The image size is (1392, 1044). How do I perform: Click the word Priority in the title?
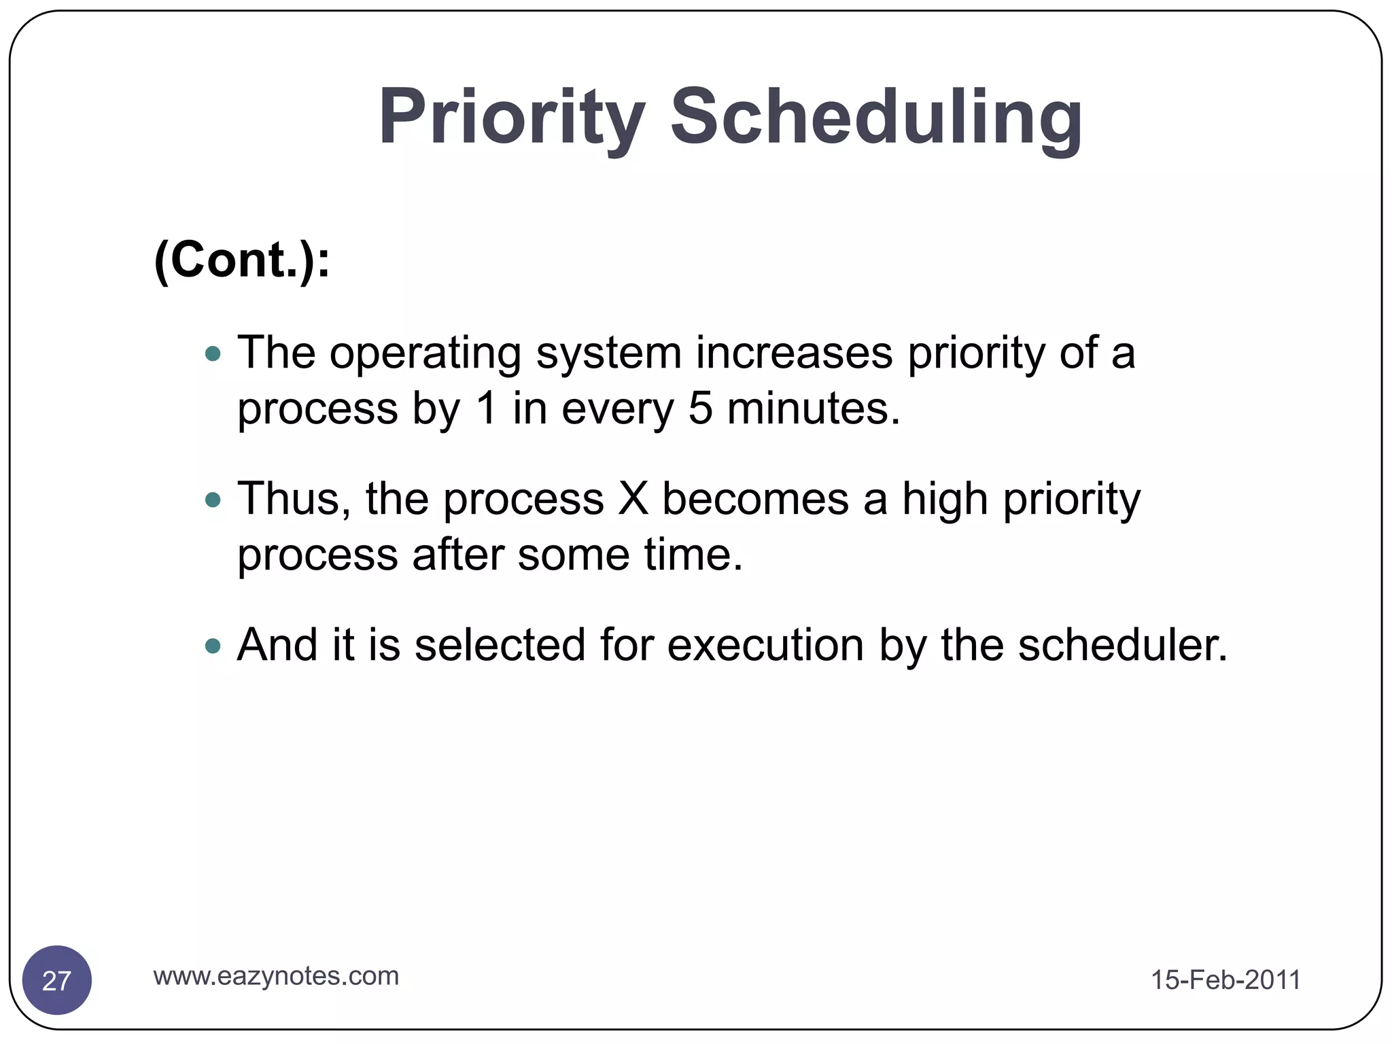tap(511, 117)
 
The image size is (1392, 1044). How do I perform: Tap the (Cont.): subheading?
tap(242, 260)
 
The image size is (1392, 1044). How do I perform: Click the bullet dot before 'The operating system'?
tap(213, 353)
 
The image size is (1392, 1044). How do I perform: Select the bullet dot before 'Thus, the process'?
tap(213, 500)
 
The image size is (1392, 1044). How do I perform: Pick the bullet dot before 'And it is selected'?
tap(213, 646)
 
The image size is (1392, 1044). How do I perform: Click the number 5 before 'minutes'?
tap(700, 409)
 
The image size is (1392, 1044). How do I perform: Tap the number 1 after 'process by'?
tap(486, 409)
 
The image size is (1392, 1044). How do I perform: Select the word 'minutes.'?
tap(813, 409)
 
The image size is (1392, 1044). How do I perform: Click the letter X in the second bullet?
tap(633, 500)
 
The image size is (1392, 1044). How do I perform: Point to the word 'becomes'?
tap(754, 500)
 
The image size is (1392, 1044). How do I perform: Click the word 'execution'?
tap(765, 645)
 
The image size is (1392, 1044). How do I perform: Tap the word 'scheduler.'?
tap(1122, 645)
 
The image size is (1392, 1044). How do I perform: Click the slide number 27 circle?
tap(57, 980)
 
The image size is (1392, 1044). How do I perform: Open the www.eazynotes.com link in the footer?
tap(276, 976)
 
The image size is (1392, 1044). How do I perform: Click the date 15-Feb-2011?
tap(1225, 980)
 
